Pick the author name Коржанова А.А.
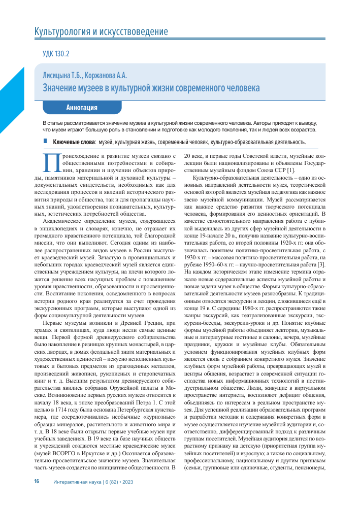coord(108,76)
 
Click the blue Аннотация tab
coord(81,108)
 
